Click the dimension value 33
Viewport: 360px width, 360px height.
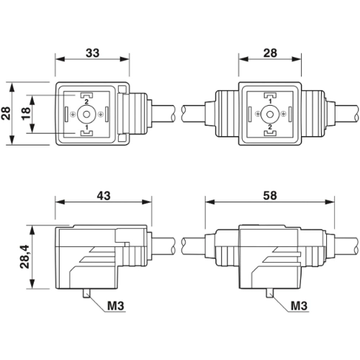[x=92, y=53]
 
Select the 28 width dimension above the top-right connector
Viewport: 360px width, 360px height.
[x=270, y=53]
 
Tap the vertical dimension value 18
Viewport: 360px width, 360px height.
[x=26, y=114]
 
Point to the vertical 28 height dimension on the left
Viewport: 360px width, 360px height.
[x=6, y=114]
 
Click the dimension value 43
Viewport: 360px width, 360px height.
[x=104, y=196]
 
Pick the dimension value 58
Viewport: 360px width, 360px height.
[x=270, y=196]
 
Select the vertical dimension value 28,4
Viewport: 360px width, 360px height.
[x=25, y=257]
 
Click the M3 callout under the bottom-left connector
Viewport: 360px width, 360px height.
[x=116, y=306]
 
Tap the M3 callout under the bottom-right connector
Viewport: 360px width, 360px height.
[x=299, y=306]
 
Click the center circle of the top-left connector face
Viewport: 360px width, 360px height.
[x=86, y=114]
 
